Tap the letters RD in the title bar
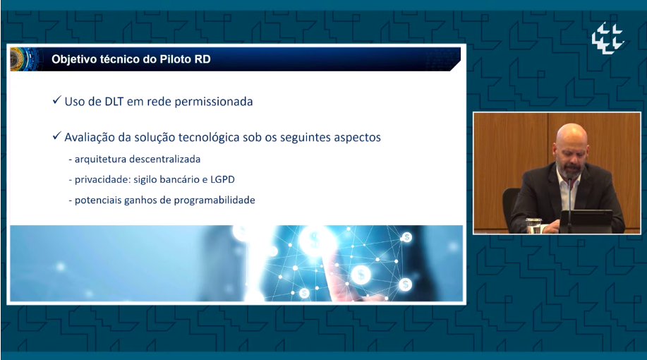coord(203,59)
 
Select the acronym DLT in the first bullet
coord(114,102)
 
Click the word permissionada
coord(214,102)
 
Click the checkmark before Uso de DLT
coord(57,100)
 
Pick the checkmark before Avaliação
coord(57,136)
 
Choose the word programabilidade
coord(214,200)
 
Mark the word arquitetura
coord(101,160)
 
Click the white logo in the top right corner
coord(607,38)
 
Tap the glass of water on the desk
coord(533,225)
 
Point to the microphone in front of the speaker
coord(569,203)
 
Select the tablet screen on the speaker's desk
coord(586,220)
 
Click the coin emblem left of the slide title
coord(18,59)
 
